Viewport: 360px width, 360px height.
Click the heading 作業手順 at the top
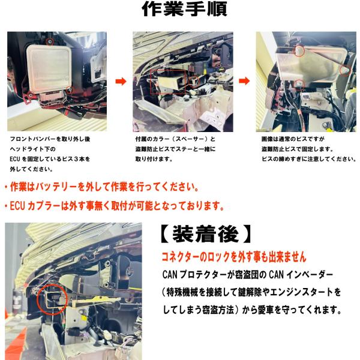click(x=185, y=9)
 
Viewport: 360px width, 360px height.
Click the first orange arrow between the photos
click(x=121, y=81)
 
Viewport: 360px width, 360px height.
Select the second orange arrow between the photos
click(x=244, y=81)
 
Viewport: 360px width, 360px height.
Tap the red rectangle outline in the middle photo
click(x=151, y=82)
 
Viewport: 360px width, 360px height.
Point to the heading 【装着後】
click(x=206, y=234)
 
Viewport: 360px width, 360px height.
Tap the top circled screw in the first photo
click(x=50, y=42)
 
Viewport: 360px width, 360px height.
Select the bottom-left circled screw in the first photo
click(x=30, y=95)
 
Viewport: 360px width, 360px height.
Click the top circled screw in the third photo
click(x=299, y=51)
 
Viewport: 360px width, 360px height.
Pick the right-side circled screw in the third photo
click(x=345, y=70)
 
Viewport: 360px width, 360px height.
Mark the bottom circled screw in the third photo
click(x=299, y=84)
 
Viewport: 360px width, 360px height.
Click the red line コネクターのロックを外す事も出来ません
click(x=234, y=257)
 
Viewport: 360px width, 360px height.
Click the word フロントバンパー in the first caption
click(x=33, y=139)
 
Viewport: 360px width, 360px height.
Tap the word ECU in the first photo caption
click(x=14, y=159)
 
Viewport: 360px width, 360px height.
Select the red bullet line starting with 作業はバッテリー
click(x=101, y=187)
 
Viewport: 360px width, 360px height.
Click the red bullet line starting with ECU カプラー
click(x=114, y=206)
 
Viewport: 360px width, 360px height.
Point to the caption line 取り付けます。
click(x=154, y=159)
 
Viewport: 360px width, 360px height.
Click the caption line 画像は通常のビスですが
click(x=293, y=139)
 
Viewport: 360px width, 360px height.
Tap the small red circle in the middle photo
click(x=194, y=80)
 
